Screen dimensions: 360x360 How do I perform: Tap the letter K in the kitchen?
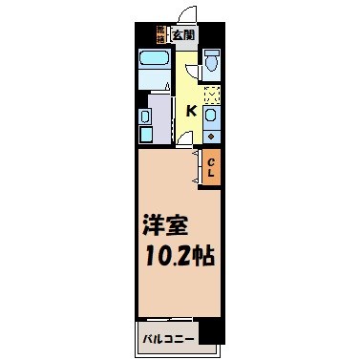coord(191,112)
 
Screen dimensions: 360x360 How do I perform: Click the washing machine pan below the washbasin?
coord(145,136)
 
